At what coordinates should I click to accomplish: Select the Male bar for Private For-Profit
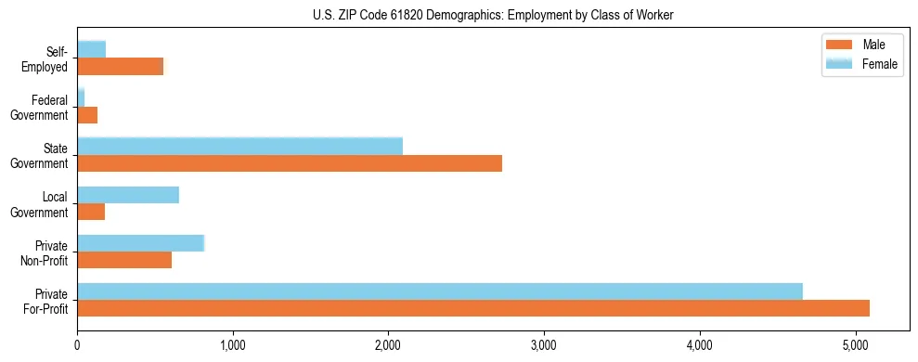click(473, 308)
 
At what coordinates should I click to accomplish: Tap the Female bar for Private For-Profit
click(440, 291)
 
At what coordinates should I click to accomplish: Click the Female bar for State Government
click(240, 147)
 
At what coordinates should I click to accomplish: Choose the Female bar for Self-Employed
click(92, 49)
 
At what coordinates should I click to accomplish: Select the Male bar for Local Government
click(91, 212)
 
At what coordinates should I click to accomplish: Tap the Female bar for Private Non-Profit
click(141, 243)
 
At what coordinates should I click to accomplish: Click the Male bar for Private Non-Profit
click(124, 260)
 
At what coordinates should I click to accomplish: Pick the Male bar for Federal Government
click(87, 115)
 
